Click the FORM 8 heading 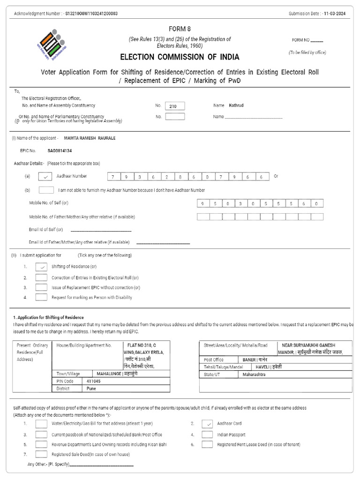(x=180, y=29)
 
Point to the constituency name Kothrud (x=237, y=106)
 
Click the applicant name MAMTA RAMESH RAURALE (x=90, y=138)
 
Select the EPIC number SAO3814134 (x=60, y=151)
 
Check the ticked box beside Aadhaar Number (x=45, y=177)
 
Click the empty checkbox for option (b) (x=46, y=190)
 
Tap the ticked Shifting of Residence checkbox (x=41, y=267)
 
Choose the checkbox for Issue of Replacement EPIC (x=41, y=287)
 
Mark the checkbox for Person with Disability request (x=41, y=297)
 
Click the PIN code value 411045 (x=93, y=382)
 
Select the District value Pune (x=91, y=389)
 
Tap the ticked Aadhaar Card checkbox (x=207, y=424)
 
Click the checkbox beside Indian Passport (x=207, y=435)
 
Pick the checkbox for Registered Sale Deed (x=41, y=454)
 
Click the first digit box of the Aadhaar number (x=112, y=177)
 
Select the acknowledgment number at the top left (x=92, y=14)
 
